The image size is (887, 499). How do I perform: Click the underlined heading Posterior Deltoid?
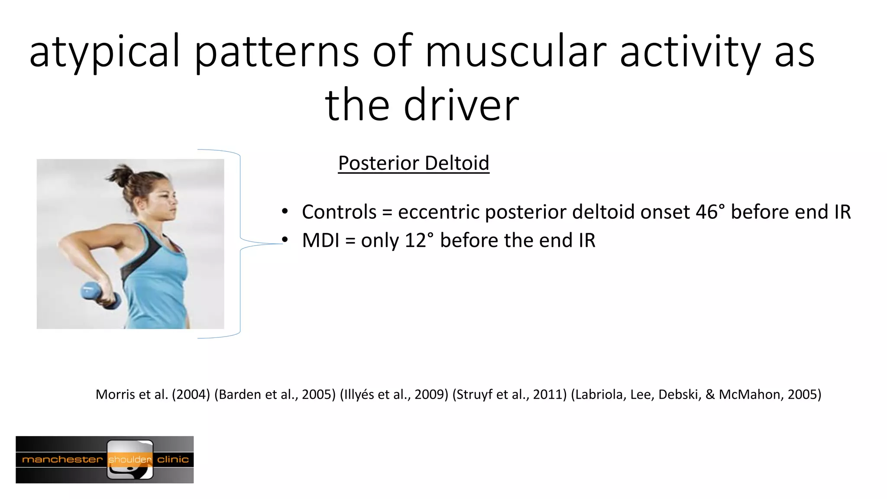point(414,163)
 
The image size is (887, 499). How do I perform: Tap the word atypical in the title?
point(104,52)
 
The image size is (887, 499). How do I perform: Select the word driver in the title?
point(461,105)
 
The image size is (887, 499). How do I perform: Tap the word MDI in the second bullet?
point(320,240)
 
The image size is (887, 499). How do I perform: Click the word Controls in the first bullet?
point(339,212)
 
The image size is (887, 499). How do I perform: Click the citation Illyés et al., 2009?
point(394,395)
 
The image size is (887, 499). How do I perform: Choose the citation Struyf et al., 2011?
point(509,395)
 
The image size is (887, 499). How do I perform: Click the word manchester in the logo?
point(62,460)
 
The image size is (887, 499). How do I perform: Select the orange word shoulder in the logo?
point(130,460)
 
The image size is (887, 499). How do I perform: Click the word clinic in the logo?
point(173,460)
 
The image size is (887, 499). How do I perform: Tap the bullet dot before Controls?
point(285,212)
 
